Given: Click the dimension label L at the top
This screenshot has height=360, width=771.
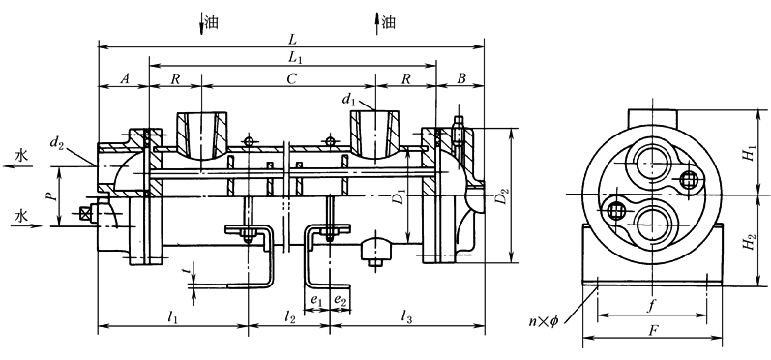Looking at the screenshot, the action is point(293,39).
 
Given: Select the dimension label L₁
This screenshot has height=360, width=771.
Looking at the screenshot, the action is point(295,58).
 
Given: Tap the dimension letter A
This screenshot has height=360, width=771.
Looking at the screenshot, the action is point(125,79).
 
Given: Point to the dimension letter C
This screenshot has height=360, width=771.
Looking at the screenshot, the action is point(292,79).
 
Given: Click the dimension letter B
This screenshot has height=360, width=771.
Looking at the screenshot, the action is point(461,79).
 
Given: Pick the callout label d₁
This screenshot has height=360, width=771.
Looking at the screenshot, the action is point(348,101).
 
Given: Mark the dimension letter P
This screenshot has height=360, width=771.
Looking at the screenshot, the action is point(54,195).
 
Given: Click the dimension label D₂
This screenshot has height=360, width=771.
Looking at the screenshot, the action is point(501,195).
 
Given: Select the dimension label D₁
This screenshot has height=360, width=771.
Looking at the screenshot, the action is point(400,195).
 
